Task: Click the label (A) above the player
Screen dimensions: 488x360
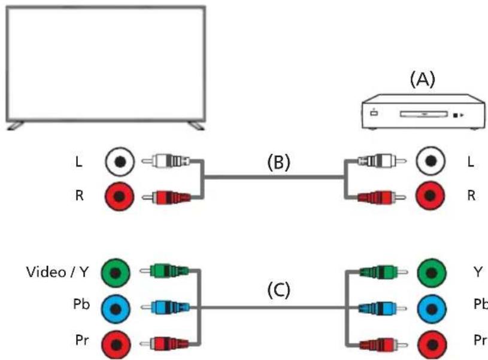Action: pos(423,80)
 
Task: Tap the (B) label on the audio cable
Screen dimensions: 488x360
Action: pos(278,162)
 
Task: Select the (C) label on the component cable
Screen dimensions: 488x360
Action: pos(278,291)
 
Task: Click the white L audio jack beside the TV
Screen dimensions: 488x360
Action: pos(120,162)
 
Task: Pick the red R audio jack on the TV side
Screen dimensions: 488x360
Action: pos(120,196)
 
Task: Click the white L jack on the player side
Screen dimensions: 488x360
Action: pos(431,161)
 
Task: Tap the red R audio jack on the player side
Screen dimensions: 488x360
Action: pos(431,196)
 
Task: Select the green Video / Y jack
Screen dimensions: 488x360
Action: pos(116,273)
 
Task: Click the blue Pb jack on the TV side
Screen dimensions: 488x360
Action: pos(116,309)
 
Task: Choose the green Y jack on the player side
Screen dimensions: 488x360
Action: pos(431,273)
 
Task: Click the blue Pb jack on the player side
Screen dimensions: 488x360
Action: pos(431,309)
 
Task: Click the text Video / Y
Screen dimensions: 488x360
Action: pos(57,272)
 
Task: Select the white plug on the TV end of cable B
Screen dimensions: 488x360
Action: pos(166,161)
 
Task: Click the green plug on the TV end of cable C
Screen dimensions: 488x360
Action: pos(164,271)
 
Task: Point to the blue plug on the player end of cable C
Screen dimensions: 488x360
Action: pos(383,308)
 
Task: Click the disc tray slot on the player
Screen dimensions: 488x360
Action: pos(424,114)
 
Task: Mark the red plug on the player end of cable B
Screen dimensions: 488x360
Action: pos(382,197)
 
